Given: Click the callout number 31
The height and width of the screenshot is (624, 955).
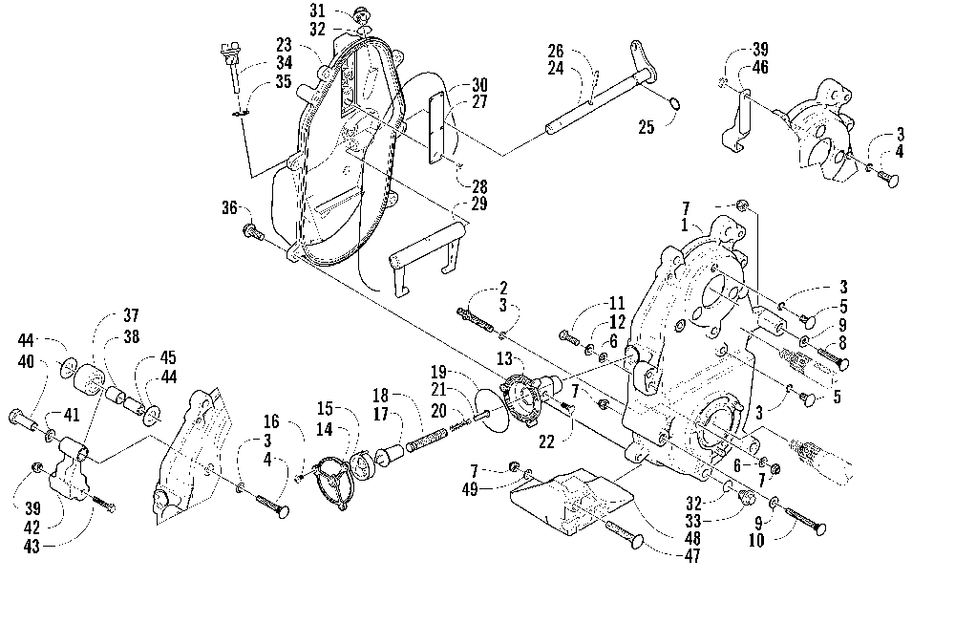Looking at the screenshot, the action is click(x=317, y=11).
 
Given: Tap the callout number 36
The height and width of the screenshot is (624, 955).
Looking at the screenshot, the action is click(x=229, y=207).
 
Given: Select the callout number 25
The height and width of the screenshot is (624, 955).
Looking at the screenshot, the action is click(x=646, y=127).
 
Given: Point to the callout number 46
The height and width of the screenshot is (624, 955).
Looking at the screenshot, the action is click(x=760, y=67).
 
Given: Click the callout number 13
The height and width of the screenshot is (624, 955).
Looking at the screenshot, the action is click(x=504, y=359).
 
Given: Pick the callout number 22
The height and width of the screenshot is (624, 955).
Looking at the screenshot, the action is click(x=546, y=441).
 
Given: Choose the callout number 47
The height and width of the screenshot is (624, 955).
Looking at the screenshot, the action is click(x=691, y=555).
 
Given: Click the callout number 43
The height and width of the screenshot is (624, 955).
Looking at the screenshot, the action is click(x=32, y=547).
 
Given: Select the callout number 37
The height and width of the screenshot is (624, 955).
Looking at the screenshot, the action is click(x=131, y=315).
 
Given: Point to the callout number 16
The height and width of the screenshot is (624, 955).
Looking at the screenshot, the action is click(x=271, y=421).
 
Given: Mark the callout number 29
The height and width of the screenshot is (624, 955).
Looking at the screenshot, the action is click(x=479, y=204).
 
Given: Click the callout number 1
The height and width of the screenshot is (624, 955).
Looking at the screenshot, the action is click(x=685, y=226).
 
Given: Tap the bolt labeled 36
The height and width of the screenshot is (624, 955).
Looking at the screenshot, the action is click(x=253, y=231).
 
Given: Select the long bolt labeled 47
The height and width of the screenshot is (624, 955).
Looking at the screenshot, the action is click(x=625, y=534).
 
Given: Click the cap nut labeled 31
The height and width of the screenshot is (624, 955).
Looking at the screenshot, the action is click(x=363, y=12).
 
